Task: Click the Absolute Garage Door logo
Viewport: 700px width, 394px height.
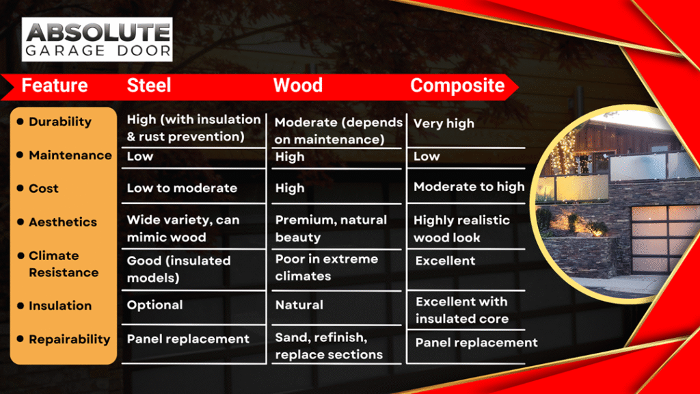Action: click(x=97, y=39)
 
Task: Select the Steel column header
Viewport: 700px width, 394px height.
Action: click(x=149, y=86)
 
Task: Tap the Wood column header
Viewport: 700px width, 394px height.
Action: click(x=298, y=86)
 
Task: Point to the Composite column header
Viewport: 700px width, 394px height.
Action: click(x=457, y=86)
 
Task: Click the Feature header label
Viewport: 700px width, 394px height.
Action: click(x=55, y=86)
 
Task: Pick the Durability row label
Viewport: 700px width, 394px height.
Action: click(x=60, y=122)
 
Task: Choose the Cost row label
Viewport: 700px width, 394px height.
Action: click(x=44, y=189)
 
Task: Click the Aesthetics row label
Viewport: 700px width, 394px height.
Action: click(x=63, y=222)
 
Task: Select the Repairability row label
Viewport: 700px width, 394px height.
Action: click(x=70, y=339)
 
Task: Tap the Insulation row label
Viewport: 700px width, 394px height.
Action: click(x=60, y=306)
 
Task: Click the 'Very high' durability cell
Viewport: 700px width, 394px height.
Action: click(x=444, y=123)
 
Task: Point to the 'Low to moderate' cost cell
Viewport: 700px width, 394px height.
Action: click(x=182, y=188)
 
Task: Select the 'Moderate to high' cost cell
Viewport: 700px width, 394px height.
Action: click(x=469, y=187)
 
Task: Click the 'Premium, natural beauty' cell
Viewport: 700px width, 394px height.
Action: click(x=331, y=228)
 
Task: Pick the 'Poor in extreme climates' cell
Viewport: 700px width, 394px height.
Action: click(x=326, y=267)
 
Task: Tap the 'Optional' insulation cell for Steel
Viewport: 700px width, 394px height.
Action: click(x=155, y=305)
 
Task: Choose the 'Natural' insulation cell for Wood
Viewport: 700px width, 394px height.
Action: click(x=299, y=305)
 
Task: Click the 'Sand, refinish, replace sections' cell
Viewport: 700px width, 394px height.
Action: click(x=329, y=345)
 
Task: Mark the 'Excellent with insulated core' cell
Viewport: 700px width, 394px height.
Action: click(x=462, y=310)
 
